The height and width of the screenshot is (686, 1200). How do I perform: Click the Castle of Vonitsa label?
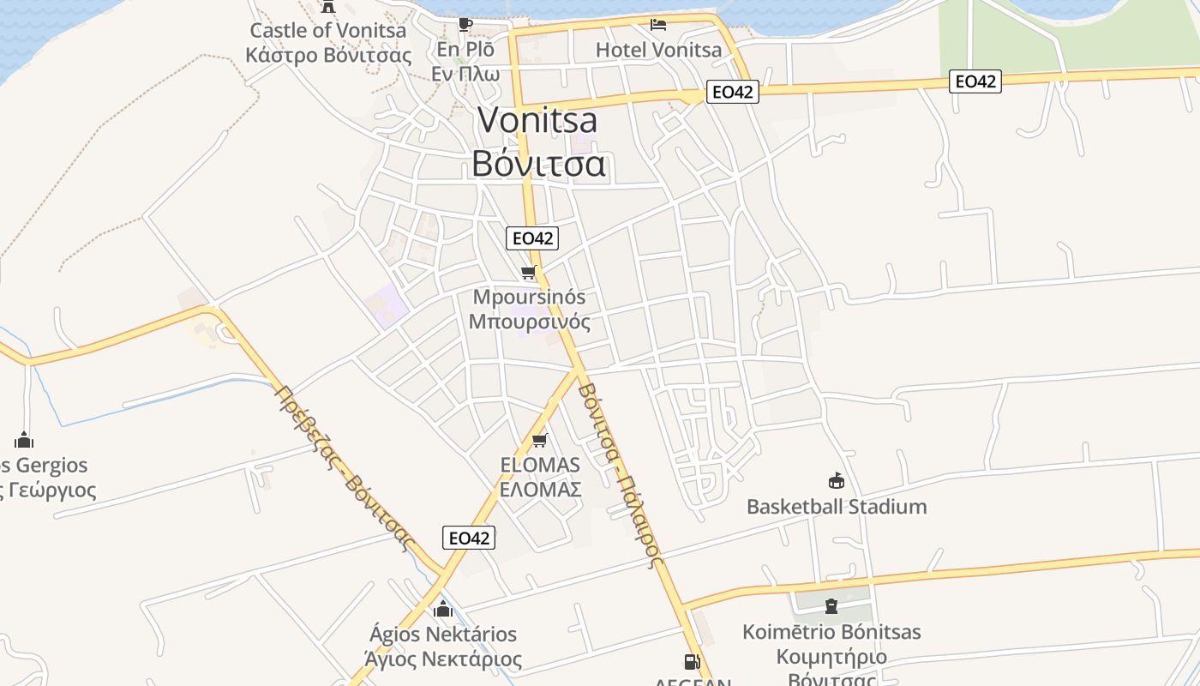point(327,31)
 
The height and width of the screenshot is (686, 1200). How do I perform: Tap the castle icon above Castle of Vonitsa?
point(327,7)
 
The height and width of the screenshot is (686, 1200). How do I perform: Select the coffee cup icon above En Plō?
point(465,23)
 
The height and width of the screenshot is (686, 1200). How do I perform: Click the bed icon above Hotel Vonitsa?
point(658,24)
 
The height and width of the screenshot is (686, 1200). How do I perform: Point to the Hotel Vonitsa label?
point(658,50)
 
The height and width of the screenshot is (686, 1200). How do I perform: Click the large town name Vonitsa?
point(537,120)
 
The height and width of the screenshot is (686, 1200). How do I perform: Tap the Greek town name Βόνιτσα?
point(538,163)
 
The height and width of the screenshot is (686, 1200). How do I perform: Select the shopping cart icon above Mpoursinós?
point(529,273)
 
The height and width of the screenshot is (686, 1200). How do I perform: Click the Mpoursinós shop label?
point(529,298)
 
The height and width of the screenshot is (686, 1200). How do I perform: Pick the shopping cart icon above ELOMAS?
point(539,441)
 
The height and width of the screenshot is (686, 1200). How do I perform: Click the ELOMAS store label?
point(540,466)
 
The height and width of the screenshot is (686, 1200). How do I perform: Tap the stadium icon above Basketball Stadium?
point(836,480)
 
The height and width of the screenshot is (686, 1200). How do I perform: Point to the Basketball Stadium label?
point(836,507)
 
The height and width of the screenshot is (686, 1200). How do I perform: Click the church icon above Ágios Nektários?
point(443,610)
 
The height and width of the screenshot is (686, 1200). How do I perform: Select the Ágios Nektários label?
point(443,635)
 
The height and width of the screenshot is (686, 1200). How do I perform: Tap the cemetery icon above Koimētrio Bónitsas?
point(831,606)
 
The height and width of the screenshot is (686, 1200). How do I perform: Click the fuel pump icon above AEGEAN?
point(692,661)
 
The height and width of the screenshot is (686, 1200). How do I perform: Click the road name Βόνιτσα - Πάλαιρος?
point(620,474)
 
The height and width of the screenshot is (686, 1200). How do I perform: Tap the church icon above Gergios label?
point(24,441)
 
